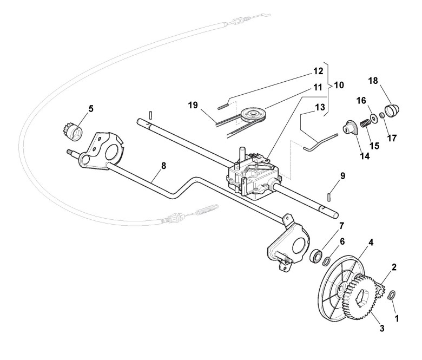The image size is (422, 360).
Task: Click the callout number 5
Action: [x=90, y=108]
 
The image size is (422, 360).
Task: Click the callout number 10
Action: [x=339, y=85]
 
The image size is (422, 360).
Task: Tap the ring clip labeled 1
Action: [x=393, y=295]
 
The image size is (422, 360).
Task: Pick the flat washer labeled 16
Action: [x=373, y=118]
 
